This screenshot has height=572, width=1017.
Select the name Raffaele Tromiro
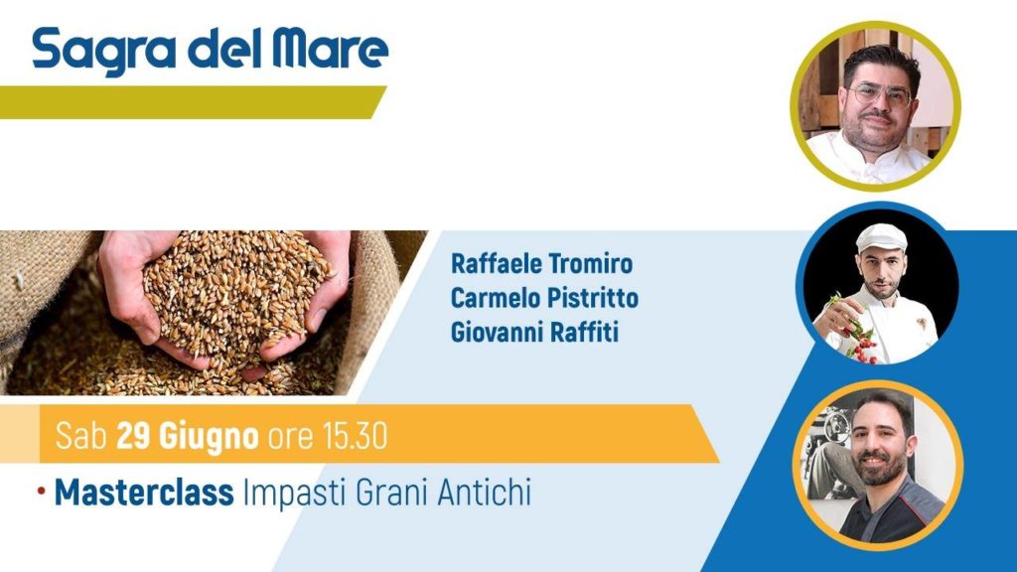(541, 264)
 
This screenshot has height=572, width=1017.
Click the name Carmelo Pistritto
(545, 298)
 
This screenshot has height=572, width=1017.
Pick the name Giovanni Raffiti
(534, 333)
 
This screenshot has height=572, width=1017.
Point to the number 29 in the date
(134, 435)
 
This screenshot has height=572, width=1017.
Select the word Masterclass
(144, 493)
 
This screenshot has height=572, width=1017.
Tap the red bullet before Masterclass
(42, 492)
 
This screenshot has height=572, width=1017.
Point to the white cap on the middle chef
(881, 238)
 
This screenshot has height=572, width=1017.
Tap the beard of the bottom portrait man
(882, 469)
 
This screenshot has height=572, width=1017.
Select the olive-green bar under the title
(193, 102)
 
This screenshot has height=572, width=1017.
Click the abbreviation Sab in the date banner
(81, 435)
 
